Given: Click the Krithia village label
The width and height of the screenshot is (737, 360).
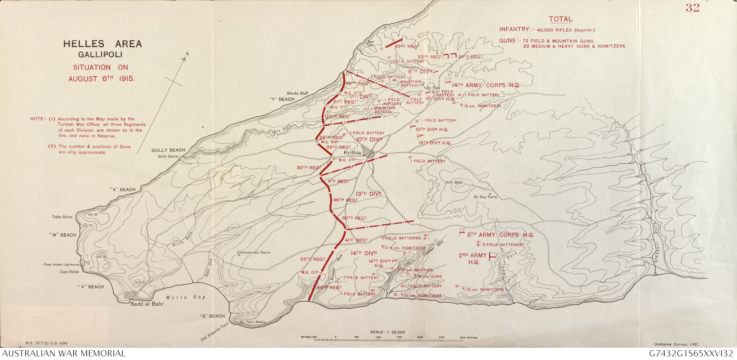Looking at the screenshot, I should click(x=352, y=153).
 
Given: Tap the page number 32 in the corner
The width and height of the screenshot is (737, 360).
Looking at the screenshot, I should click(x=692, y=8).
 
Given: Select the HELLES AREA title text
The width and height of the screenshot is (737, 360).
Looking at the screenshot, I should click(x=103, y=44).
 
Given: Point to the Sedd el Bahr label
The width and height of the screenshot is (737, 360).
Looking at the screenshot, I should click(x=147, y=304).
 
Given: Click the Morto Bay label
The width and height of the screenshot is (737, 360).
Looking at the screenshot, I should click(x=185, y=297).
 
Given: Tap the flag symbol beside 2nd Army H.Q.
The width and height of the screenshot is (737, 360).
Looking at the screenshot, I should click(x=492, y=256).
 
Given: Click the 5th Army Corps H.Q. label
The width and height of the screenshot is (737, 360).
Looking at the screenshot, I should click(x=500, y=235).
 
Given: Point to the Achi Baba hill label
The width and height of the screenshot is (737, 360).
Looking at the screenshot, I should click(x=453, y=183).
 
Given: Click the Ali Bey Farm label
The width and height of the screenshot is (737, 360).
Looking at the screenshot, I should click(x=485, y=197).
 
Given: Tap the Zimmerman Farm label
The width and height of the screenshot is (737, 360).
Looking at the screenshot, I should click(x=253, y=252).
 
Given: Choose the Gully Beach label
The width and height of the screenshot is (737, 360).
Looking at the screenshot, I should click(x=168, y=150).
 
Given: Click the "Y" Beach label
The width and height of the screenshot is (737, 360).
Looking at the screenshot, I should click(x=281, y=99).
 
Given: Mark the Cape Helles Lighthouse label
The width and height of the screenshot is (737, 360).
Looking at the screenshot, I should click(x=62, y=265).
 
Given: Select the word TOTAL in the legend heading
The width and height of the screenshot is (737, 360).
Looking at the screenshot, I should click(x=560, y=19).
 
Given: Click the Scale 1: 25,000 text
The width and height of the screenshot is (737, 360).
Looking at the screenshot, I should click(x=388, y=332).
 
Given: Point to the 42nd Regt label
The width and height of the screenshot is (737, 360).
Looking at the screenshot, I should click(x=329, y=288).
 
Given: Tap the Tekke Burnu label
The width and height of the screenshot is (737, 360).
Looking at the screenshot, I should click(x=62, y=217).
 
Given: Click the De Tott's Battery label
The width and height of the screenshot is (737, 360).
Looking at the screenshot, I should click(x=253, y=322).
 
